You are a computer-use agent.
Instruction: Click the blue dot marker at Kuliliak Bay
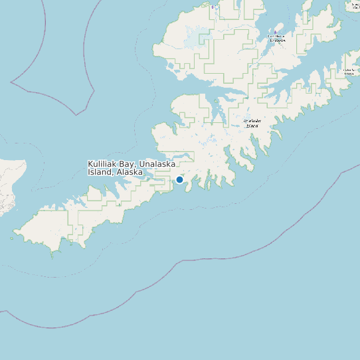179,179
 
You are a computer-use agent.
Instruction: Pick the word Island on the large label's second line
100,172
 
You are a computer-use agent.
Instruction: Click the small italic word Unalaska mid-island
252,121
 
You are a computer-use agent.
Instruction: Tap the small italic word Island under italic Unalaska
252,126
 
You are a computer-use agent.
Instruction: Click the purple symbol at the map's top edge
213,7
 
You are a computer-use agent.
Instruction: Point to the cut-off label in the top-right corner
353,5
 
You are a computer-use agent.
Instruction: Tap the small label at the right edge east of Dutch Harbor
349,71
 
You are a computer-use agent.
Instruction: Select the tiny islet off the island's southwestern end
11,238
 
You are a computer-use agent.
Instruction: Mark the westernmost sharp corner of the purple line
11,82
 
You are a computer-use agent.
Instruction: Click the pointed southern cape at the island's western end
52,254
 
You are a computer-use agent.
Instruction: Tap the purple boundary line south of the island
199,256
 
